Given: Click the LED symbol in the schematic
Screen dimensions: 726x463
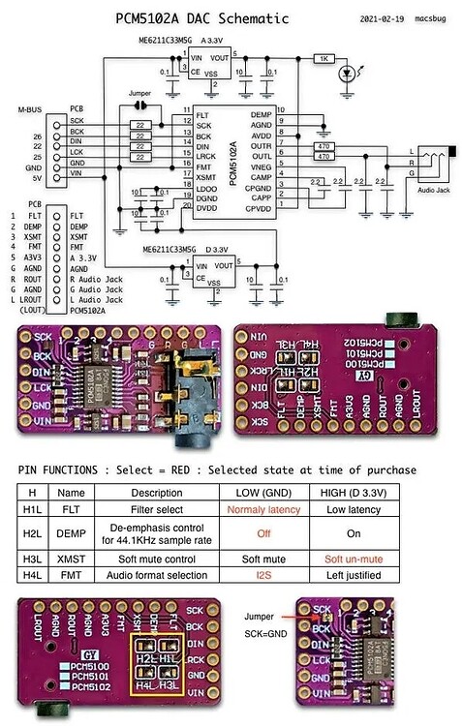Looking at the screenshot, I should point(345,75).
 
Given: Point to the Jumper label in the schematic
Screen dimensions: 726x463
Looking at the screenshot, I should point(139,94).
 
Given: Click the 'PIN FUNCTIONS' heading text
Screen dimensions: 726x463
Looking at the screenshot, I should point(66,469).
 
